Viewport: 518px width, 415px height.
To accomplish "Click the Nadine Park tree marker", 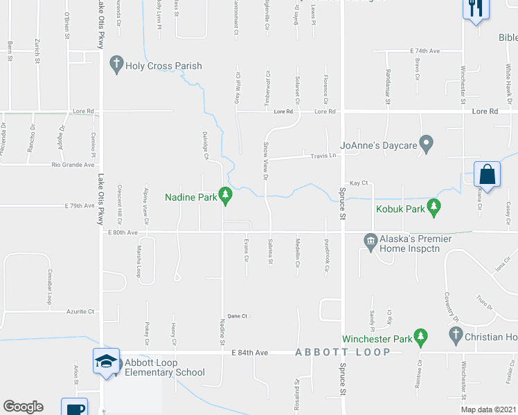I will (225, 196).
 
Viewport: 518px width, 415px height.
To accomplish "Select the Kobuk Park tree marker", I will (434, 206).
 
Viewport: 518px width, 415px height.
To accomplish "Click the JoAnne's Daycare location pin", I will (427, 145).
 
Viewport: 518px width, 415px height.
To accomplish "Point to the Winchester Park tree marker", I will (420, 338).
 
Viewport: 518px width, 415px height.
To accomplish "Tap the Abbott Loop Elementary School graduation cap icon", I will (106, 361).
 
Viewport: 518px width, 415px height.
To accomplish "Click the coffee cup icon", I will (74, 407).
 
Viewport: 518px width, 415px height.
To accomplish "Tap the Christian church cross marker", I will (456, 337).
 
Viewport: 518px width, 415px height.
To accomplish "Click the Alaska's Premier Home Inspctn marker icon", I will (370, 240).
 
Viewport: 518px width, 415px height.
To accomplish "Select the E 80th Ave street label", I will (123, 233).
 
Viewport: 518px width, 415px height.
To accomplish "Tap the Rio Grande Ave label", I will (73, 165).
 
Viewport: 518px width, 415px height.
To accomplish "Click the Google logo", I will (23, 407).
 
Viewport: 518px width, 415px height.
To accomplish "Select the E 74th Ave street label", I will (425, 51).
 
